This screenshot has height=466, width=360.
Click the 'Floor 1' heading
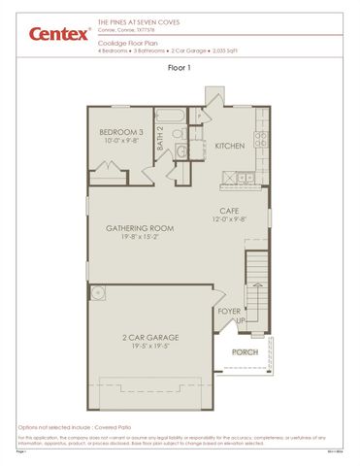(180, 68)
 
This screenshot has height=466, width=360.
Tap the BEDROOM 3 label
(122, 131)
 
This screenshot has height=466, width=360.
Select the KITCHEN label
(230, 146)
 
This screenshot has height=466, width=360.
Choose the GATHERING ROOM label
(140, 228)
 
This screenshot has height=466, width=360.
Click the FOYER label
(229, 312)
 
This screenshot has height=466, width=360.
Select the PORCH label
(245, 352)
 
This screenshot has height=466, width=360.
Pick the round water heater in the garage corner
(98, 291)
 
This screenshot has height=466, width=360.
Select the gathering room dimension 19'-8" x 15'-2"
(140, 237)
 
